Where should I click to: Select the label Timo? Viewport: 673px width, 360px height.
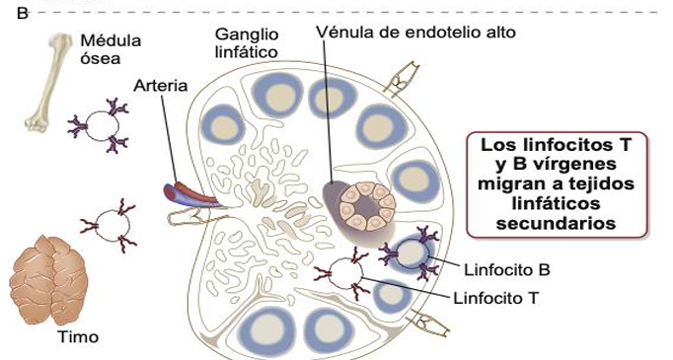coord(78,337)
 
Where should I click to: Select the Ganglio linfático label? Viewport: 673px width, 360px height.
coord(247,41)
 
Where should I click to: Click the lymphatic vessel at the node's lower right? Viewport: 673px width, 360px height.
coord(425,322)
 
